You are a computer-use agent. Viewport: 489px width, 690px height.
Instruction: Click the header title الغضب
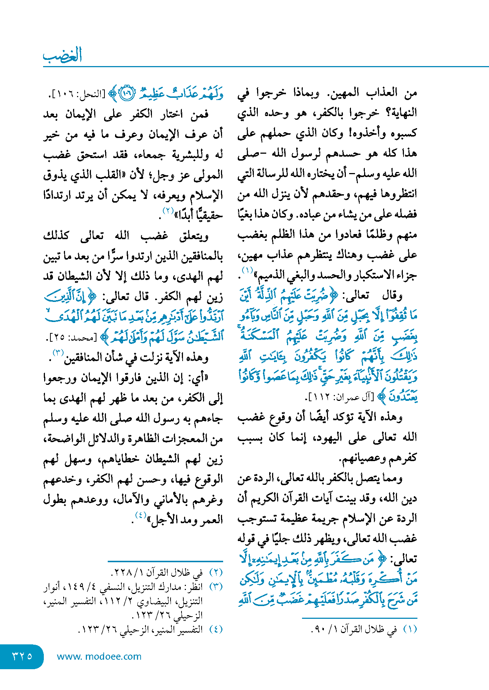click(x=62, y=55)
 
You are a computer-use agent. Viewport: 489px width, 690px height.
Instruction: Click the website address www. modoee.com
click(x=99, y=656)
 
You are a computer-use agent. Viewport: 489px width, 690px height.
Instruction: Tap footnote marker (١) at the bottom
click(x=410, y=629)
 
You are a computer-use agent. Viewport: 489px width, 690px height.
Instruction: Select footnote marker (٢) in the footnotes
click(x=216, y=572)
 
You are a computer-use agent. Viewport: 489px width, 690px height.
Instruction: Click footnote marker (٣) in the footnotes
click(x=216, y=587)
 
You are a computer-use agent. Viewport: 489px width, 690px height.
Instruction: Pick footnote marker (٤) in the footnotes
click(x=216, y=629)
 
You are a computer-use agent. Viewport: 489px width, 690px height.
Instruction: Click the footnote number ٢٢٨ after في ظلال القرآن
click(x=122, y=572)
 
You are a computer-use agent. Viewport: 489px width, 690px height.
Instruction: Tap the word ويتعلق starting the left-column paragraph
click(x=194, y=236)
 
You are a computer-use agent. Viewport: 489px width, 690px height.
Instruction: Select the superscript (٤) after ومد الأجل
click(x=141, y=515)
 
